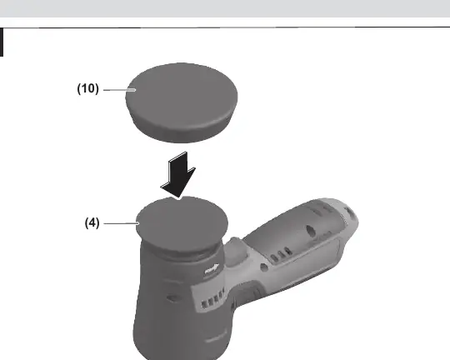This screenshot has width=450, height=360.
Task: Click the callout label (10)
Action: coord(87,88)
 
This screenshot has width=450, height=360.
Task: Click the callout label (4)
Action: coord(92,222)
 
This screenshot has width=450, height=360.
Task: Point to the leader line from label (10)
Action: coord(119,90)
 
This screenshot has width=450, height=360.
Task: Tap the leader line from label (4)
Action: coord(122,223)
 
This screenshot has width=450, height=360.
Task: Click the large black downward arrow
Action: coord(178,175)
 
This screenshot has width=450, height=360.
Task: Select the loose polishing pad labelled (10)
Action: coord(182,102)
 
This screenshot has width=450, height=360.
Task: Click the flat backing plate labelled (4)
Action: coord(182,223)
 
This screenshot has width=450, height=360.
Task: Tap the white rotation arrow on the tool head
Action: coord(212,269)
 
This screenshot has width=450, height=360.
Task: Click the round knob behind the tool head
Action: coord(235,249)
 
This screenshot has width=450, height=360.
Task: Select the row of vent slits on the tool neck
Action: coord(213,299)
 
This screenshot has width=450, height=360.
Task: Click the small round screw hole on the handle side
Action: coord(264,267)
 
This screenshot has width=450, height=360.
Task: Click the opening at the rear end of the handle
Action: coord(350,213)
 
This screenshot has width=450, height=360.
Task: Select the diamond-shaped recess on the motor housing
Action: coord(172,298)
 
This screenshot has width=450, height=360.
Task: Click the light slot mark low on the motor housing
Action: coord(216,340)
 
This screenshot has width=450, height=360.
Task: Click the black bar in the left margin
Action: coord(2,42)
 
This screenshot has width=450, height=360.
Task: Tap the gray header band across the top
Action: coord(225,8)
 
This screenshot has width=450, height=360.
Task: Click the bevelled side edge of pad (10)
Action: coord(182,129)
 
